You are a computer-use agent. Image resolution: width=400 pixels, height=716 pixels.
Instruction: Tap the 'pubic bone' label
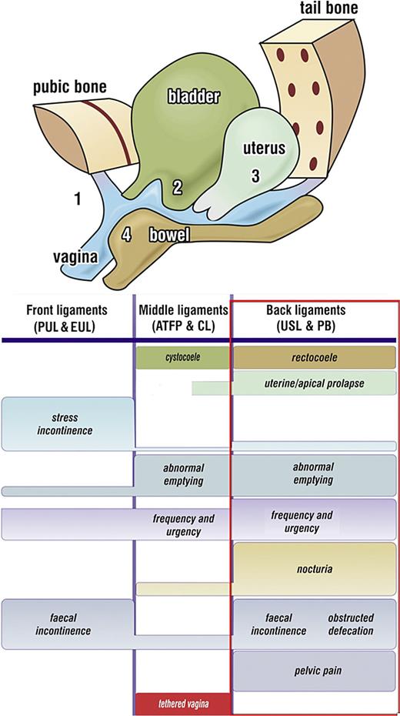point(69,87)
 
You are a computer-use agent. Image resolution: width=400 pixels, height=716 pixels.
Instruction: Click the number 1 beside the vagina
point(77,200)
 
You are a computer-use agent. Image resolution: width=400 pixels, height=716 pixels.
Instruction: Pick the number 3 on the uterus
point(255,176)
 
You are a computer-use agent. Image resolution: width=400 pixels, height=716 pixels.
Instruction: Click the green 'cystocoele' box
point(183,357)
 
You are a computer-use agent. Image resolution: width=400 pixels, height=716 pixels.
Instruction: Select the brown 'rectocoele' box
point(314,357)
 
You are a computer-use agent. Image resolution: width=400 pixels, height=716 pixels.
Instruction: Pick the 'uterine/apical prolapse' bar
point(314,383)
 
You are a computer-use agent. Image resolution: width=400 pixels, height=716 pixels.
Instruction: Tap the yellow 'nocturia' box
point(314,570)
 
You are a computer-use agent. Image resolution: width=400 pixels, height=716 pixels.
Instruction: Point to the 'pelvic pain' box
point(314,671)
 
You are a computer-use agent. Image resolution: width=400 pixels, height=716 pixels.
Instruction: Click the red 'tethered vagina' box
point(183,704)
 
